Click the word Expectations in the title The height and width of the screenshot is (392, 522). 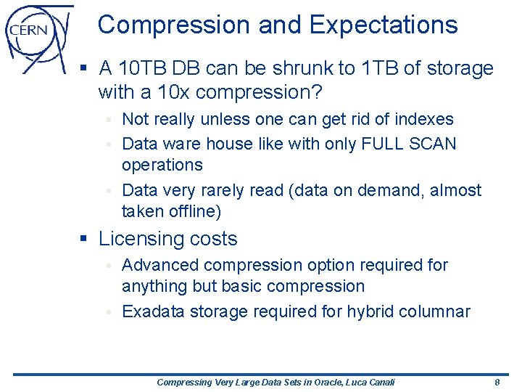[384, 25]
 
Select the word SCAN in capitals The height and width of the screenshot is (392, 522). [431, 144]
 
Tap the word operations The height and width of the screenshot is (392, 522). [162, 165]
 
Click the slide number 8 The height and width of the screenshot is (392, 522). [497, 382]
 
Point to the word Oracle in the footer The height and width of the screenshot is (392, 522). [318, 382]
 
